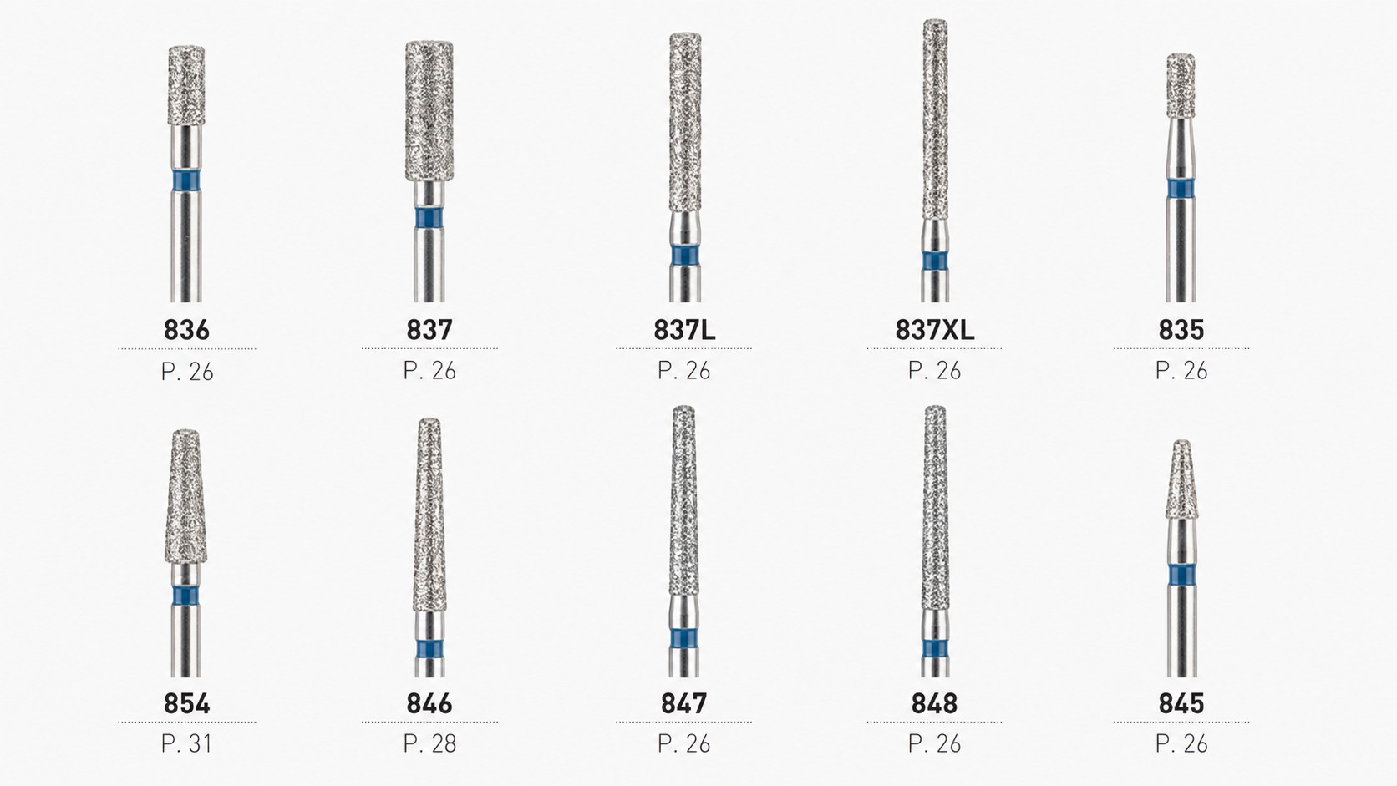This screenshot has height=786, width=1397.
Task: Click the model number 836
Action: (186, 330)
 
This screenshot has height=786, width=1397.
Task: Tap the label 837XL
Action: (934, 330)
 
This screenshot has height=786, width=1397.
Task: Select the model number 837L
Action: (684, 330)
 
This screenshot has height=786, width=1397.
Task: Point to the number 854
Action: (186, 703)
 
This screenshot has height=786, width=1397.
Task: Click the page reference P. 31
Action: (186, 743)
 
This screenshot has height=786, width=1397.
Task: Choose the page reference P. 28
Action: (429, 743)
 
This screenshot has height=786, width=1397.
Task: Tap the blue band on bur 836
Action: (186, 180)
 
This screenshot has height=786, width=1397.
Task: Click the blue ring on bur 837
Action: (429, 218)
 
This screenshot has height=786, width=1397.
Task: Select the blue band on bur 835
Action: (1181, 188)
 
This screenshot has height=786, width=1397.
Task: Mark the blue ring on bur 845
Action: (1181, 575)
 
